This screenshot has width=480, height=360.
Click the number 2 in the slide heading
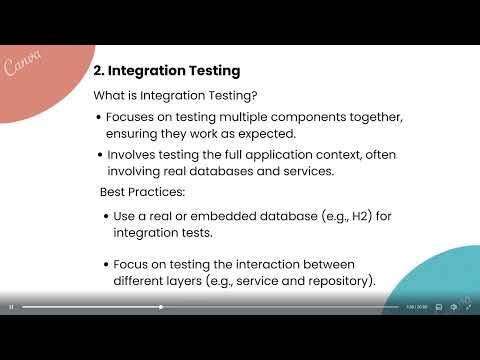(x=97, y=71)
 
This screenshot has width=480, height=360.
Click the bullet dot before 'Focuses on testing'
(x=98, y=117)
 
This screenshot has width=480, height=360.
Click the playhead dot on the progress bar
(x=161, y=307)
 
